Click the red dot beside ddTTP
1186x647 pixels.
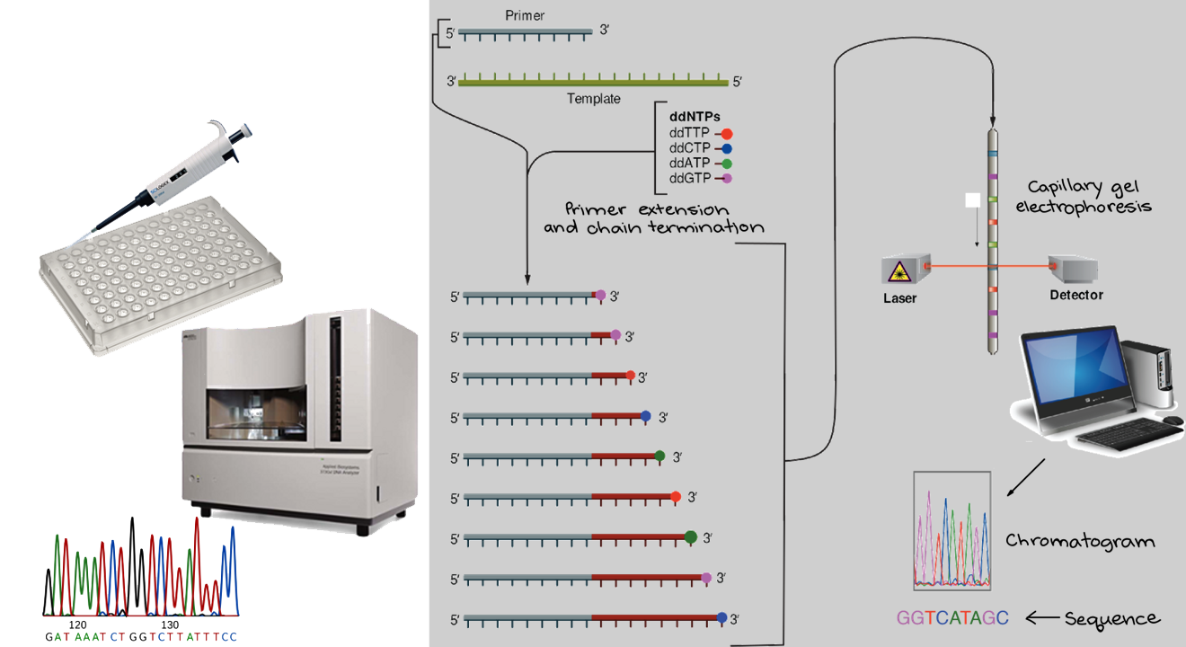click(727, 134)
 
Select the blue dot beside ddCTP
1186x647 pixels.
click(727, 148)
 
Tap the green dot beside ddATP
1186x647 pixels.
click(727, 164)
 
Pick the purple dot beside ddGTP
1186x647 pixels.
click(727, 179)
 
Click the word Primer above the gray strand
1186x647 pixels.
click(526, 15)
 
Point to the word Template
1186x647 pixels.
click(593, 99)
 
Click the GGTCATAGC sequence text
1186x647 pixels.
click(952, 618)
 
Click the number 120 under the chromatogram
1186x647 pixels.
click(78, 624)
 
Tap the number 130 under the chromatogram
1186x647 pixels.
click(168, 624)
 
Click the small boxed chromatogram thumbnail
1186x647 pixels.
click(952, 530)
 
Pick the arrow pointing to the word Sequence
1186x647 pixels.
click(1042, 618)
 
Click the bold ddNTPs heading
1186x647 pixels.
click(695, 117)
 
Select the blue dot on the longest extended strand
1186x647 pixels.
click(723, 617)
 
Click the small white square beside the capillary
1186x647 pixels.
click(971, 200)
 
